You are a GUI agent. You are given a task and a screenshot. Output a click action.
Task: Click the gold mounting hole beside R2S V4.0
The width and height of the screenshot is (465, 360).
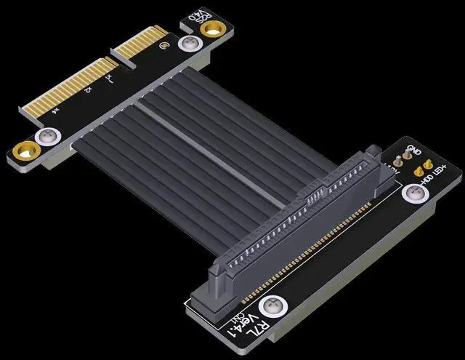[x=214, y=28]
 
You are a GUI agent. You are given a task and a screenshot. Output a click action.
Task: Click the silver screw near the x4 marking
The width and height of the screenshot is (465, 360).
[x=50, y=137]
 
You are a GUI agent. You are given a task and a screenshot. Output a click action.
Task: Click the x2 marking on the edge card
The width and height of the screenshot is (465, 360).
[x=86, y=90]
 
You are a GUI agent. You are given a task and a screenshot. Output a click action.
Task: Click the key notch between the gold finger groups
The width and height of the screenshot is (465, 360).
[x=110, y=54]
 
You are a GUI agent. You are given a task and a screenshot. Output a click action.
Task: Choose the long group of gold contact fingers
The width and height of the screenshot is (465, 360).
[x=66, y=83]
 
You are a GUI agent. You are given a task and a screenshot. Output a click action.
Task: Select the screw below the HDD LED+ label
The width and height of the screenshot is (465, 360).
[x=413, y=193]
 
